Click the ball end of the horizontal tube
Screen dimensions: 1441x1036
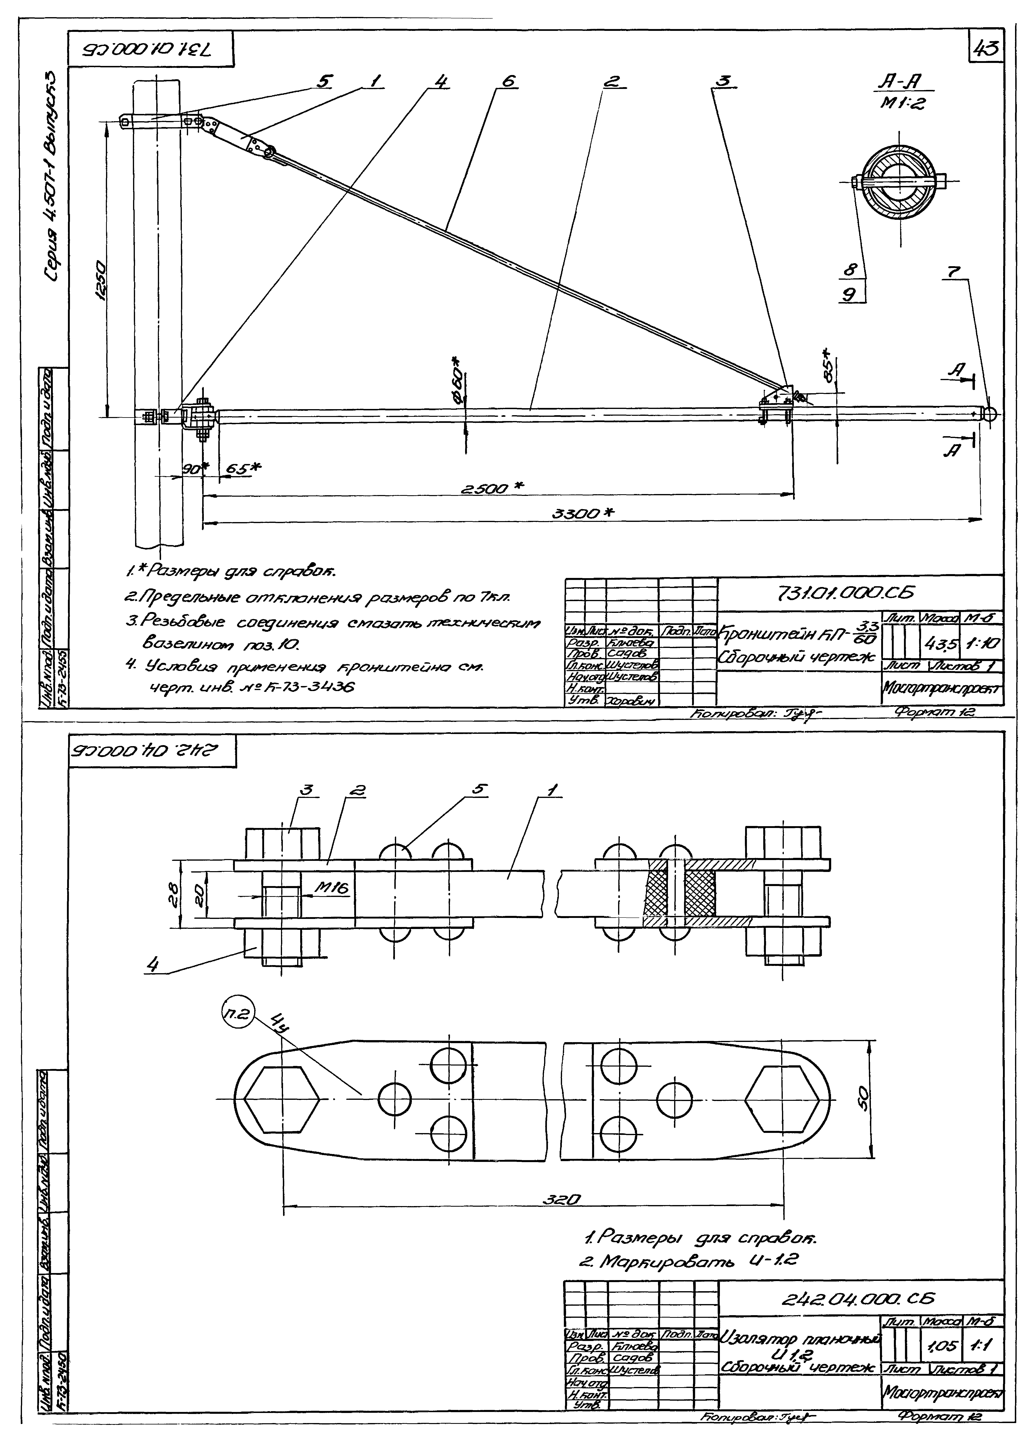tap(990, 414)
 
